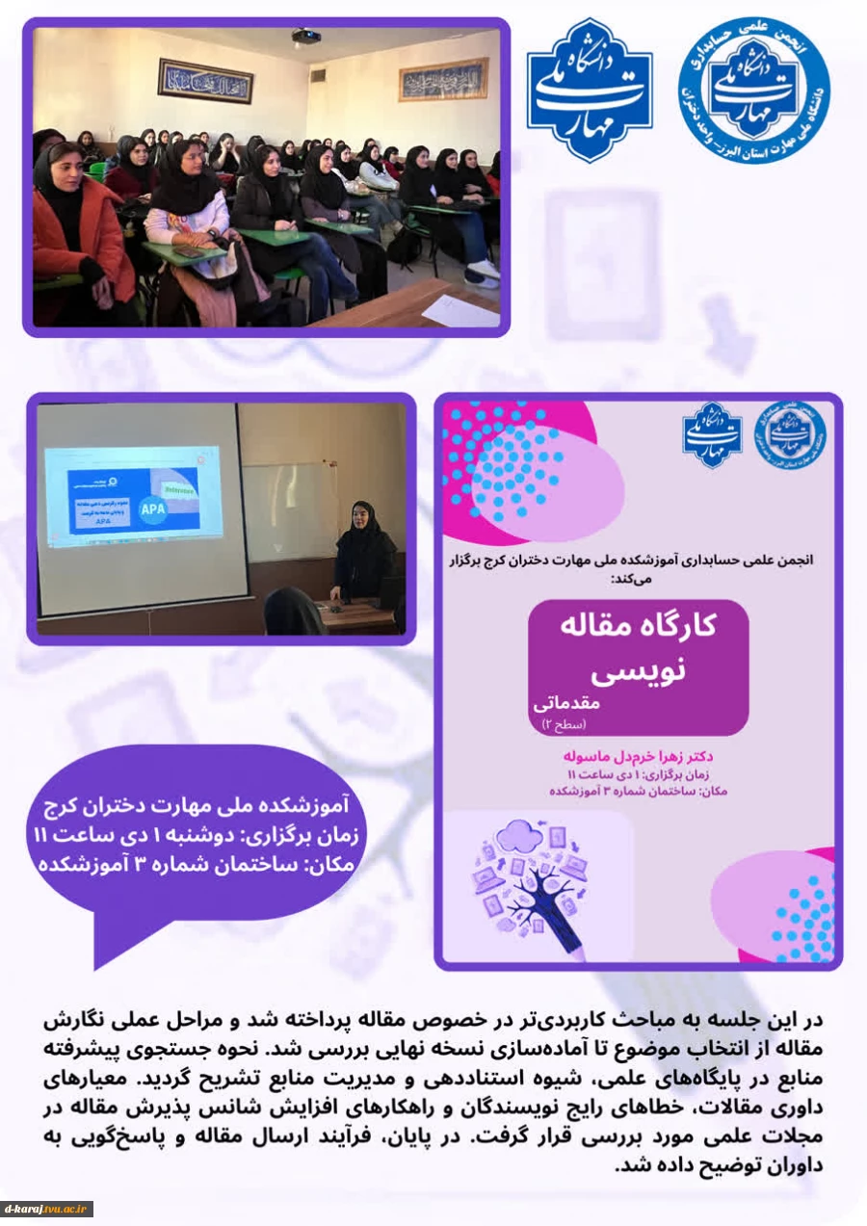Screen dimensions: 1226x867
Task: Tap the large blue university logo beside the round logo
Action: coord(590,89)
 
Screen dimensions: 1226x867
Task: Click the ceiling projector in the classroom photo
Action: coord(306,37)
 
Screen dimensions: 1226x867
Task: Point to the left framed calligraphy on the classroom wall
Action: coord(205,80)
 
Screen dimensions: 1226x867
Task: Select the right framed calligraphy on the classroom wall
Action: coord(444,80)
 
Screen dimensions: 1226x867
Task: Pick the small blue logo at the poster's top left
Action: coord(712,434)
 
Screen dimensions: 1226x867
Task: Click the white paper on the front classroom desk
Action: coord(460,310)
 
